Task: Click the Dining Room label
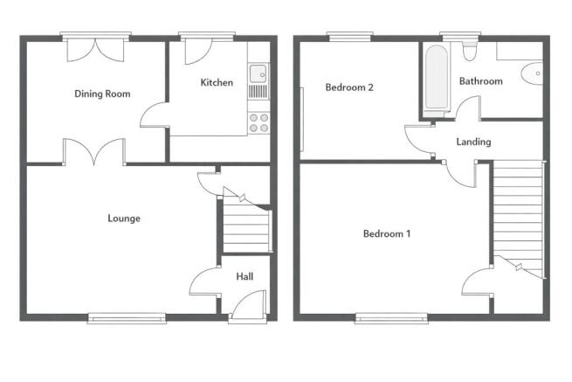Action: [102, 94]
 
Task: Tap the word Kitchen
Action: [217, 83]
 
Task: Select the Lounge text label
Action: [124, 219]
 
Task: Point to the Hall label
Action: [245, 276]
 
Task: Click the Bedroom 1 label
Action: [387, 233]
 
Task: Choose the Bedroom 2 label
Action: [349, 87]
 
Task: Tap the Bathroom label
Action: [480, 81]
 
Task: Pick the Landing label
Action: [473, 142]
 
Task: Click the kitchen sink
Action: [258, 80]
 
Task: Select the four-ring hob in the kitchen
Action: [258, 122]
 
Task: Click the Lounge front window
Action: [127, 319]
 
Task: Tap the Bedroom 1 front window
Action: [390, 319]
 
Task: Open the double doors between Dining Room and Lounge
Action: [93, 153]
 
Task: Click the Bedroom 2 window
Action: [348, 37]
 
